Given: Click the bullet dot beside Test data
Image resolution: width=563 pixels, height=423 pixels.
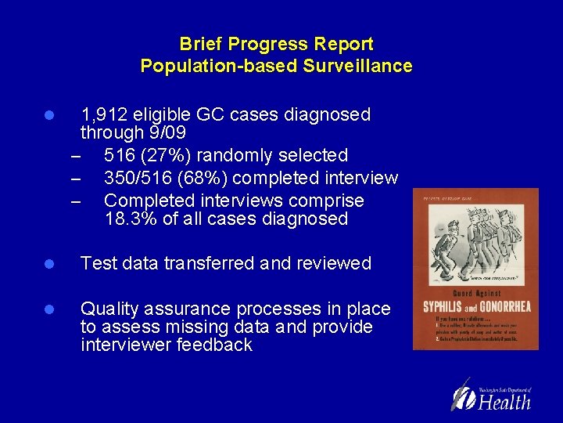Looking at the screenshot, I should coord(48,264).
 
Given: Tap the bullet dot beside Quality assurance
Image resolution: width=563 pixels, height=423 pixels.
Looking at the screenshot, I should coord(48,309).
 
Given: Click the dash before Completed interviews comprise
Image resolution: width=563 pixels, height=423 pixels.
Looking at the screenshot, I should coord(76,201).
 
